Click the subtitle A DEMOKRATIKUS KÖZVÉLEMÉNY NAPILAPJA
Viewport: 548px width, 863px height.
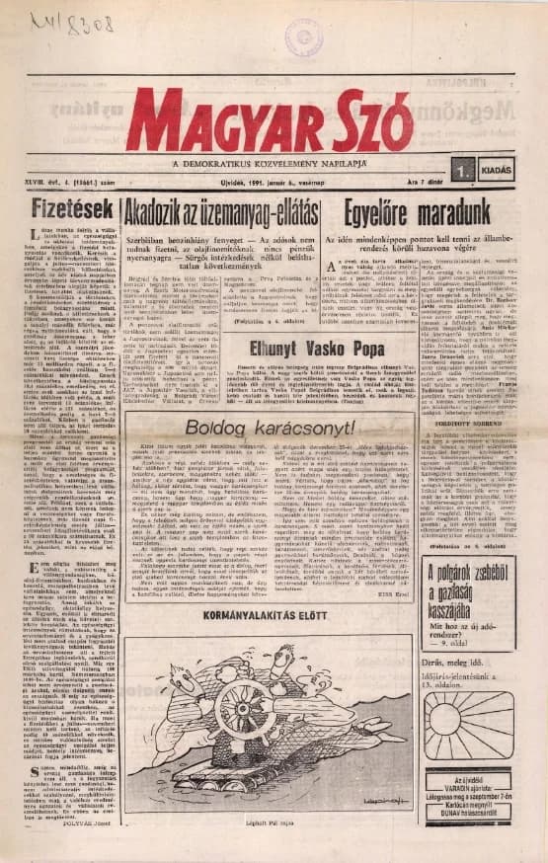click(x=275, y=162)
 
